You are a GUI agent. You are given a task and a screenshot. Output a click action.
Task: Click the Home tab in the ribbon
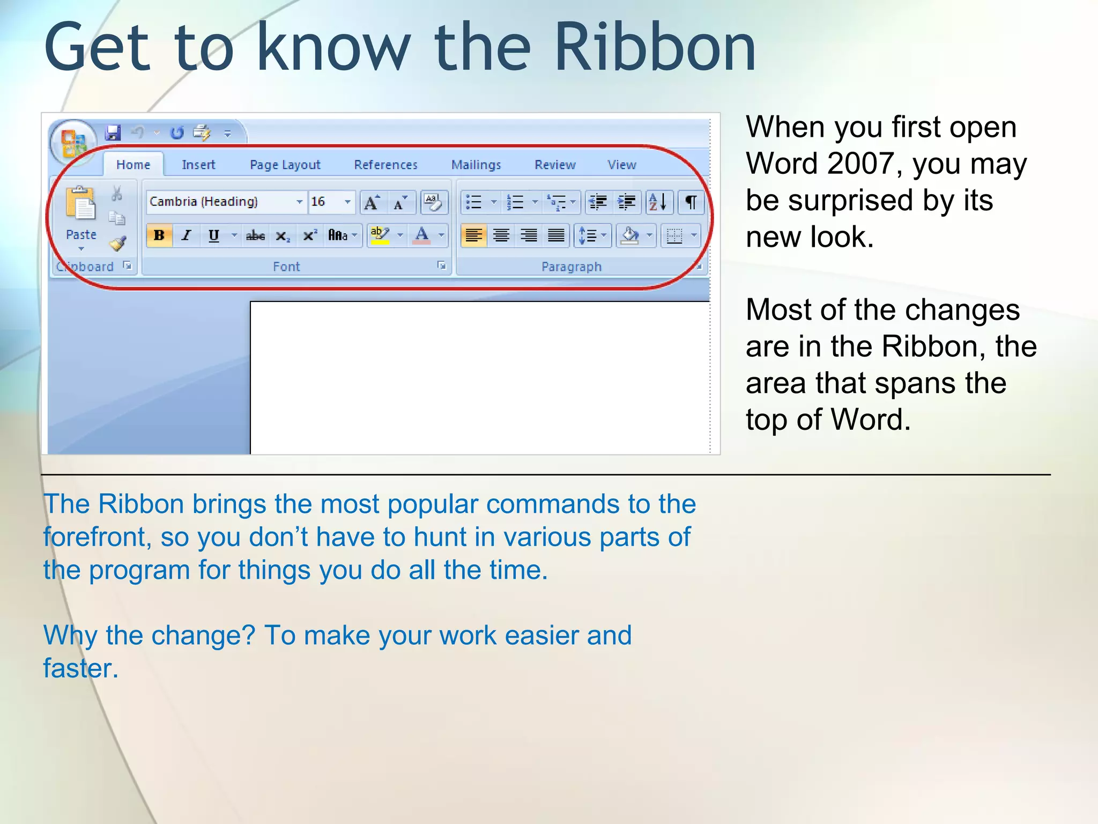click(x=133, y=165)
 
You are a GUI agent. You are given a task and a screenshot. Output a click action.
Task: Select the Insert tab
click(x=198, y=165)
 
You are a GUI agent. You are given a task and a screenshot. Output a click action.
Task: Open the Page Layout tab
click(x=285, y=165)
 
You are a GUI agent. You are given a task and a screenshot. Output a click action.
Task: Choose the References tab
click(x=385, y=165)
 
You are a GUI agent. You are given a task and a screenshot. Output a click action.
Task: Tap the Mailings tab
click(x=476, y=165)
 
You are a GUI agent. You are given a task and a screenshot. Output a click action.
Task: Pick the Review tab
click(x=555, y=165)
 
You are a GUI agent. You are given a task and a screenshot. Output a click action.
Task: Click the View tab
click(x=621, y=165)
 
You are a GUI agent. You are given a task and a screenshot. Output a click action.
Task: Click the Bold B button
click(x=159, y=236)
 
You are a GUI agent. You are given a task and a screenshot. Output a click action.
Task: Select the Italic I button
click(x=187, y=236)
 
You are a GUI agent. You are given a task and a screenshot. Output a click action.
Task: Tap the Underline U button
click(x=214, y=236)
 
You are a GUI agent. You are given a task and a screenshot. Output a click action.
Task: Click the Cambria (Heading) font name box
click(x=220, y=202)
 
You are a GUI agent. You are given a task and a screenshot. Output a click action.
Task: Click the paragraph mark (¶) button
click(x=691, y=202)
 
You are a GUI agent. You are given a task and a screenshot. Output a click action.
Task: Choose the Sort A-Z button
click(x=658, y=202)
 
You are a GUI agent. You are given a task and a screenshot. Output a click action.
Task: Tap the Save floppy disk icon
click(x=113, y=133)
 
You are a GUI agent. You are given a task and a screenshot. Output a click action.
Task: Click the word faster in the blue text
click(x=80, y=668)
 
